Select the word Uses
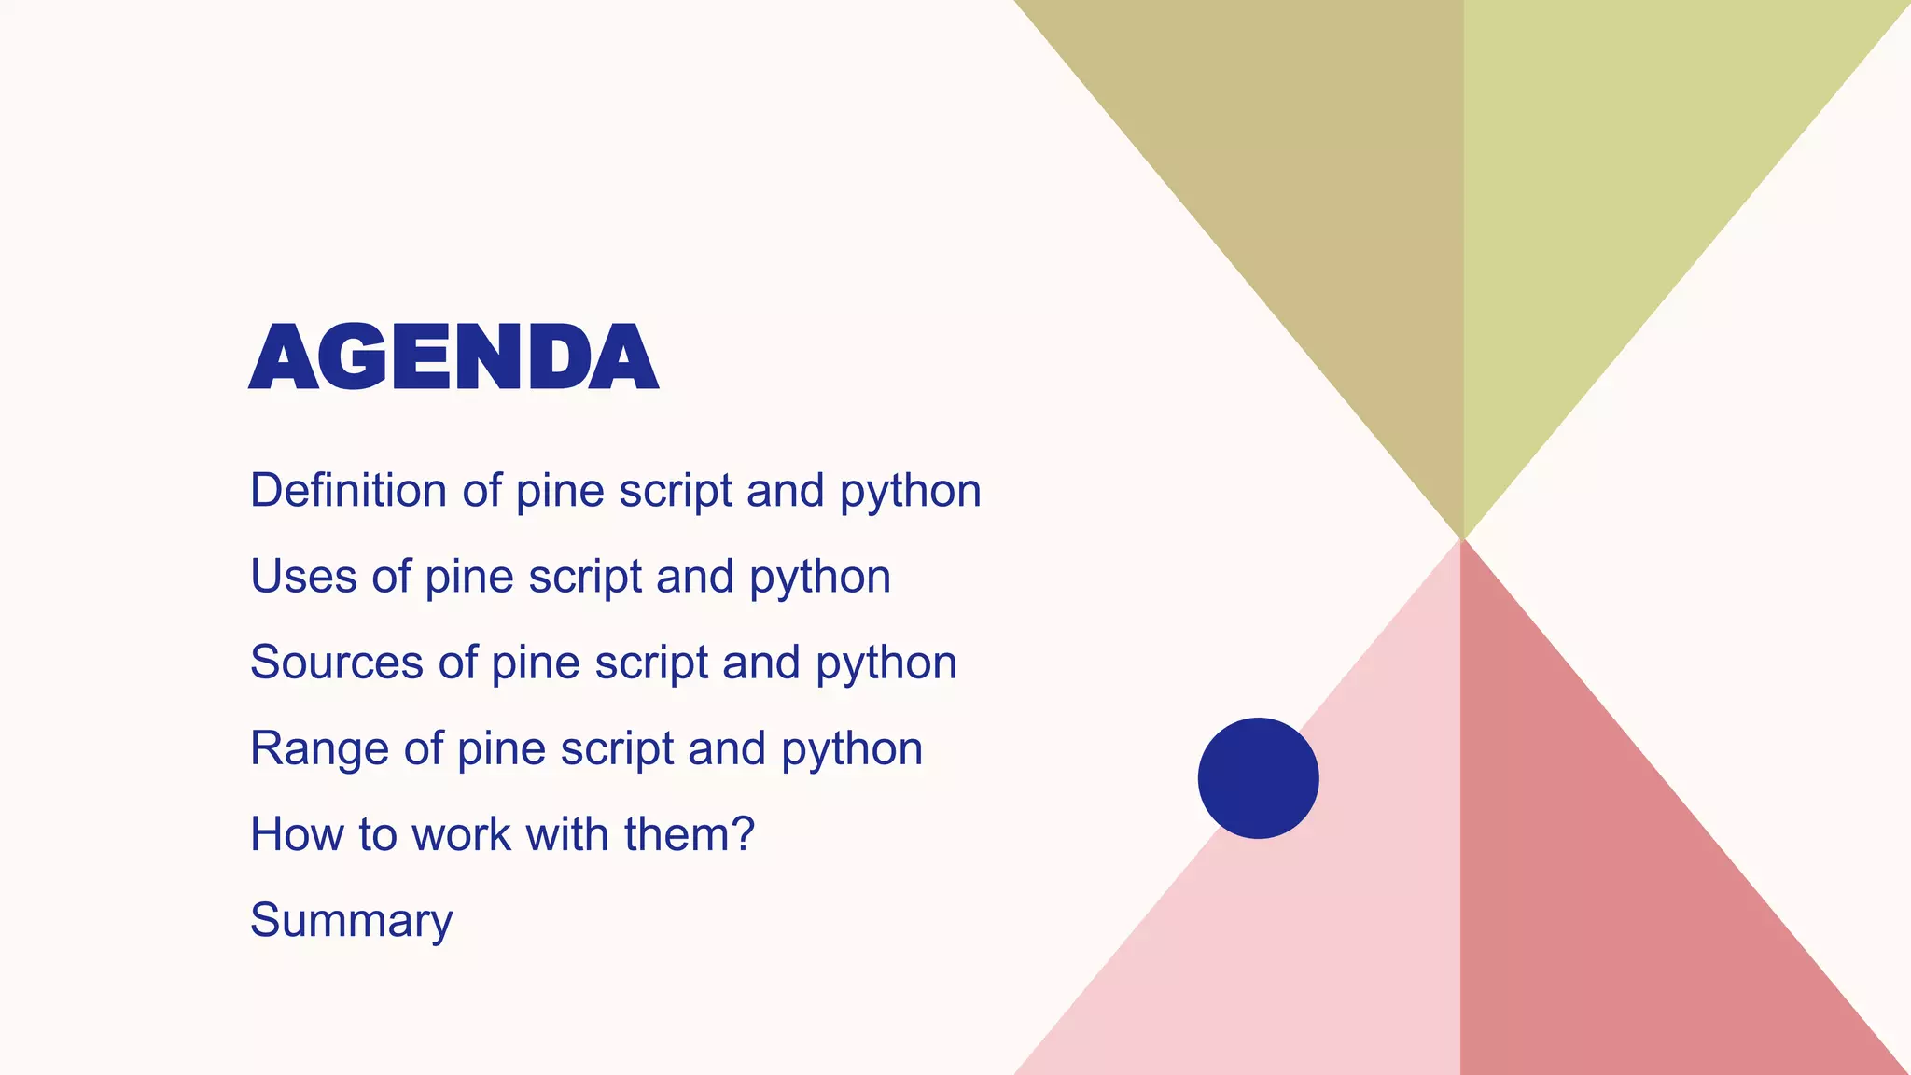pos(303,576)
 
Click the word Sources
pos(336,662)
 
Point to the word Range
pos(318,747)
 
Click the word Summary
pos(351,920)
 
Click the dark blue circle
pos(1258,777)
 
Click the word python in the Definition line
pos(910,492)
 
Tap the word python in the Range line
pos(852,749)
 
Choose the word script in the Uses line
pos(585,578)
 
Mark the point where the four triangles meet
pos(1462,538)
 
